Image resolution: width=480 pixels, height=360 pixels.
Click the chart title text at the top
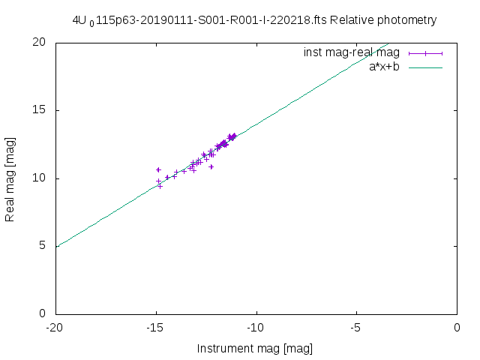(254, 20)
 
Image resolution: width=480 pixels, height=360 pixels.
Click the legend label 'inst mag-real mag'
(351, 52)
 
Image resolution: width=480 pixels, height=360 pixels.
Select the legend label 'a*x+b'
(384, 67)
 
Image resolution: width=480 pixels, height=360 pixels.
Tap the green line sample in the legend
(426, 67)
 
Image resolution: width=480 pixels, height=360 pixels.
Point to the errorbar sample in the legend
(426, 52)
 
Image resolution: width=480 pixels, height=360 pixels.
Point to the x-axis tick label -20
(55, 328)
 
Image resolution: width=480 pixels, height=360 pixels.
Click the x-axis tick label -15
(155, 328)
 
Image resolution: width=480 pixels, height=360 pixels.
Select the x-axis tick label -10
(256, 328)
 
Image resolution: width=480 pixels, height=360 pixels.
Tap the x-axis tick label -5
(356, 328)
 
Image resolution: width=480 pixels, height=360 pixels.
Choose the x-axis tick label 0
(457, 328)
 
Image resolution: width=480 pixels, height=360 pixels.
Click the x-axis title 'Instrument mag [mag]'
(254, 349)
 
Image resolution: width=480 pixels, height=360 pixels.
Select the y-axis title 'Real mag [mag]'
(10, 178)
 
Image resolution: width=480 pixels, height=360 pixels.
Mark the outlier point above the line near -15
(158, 169)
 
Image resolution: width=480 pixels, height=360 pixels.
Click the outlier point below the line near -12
(211, 166)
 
